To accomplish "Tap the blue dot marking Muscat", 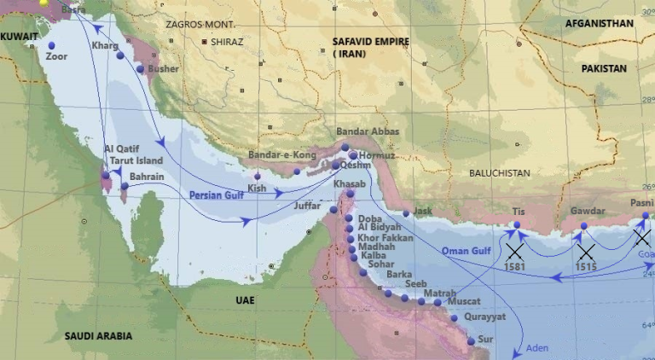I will pyautogui.click(x=438, y=302).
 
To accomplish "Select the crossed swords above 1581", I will pyautogui.click(x=513, y=251).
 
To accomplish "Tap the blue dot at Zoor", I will pyautogui.click(x=52, y=45).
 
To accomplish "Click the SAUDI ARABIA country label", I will pyautogui.click(x=98, y=336).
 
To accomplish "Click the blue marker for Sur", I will pyautogui.click(x=471, y=341).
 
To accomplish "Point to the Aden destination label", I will pyautogui.click(x=537, y=348).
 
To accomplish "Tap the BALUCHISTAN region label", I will pyautogui.click(x=499, y=173).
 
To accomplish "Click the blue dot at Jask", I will pyautogui.click(x=407, y=213).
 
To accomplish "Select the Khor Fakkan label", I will pyautogui.click(x=385, y=238).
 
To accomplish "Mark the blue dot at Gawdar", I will pyautogui.click(x=583, y=226).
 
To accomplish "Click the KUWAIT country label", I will pyautogui.click(x=19, y=37).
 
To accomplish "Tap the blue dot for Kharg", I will pyautogui.click(x=120, y=55).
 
